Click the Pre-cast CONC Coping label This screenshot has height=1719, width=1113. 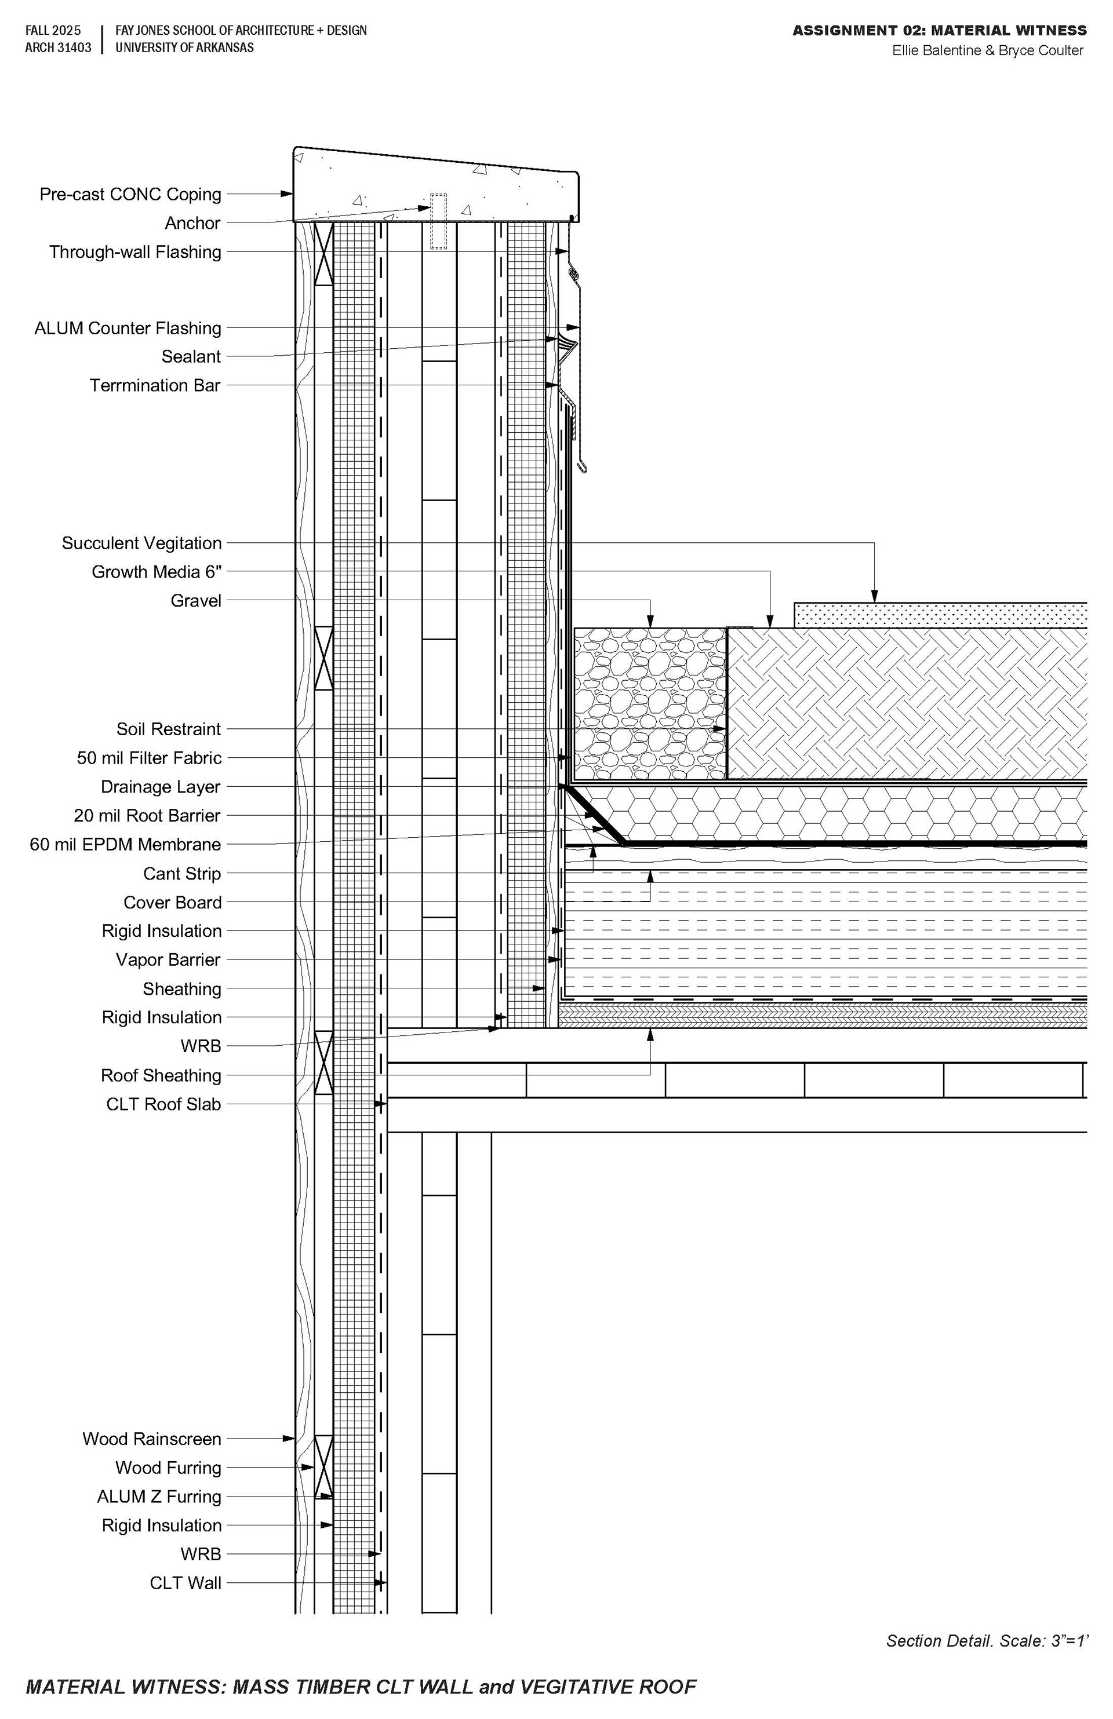130,194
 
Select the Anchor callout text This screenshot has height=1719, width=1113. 192,223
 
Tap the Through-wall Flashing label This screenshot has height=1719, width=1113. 135,252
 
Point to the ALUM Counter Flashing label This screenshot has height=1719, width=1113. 128,329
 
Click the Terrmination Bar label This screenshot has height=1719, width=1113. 155,386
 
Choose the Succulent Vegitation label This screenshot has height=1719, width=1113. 141,543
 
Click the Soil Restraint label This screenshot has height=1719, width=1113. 168,729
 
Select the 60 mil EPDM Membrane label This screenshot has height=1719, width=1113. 125,844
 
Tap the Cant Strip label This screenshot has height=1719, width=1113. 181,874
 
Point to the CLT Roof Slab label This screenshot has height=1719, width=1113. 163,1104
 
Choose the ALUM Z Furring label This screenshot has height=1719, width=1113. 159,1497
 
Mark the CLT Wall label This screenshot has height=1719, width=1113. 185,1583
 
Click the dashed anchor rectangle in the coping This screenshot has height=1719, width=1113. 439,221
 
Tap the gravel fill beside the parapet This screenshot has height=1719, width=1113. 649,704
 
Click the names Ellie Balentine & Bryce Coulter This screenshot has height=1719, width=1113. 988,50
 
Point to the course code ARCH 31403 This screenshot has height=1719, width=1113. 59,48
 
